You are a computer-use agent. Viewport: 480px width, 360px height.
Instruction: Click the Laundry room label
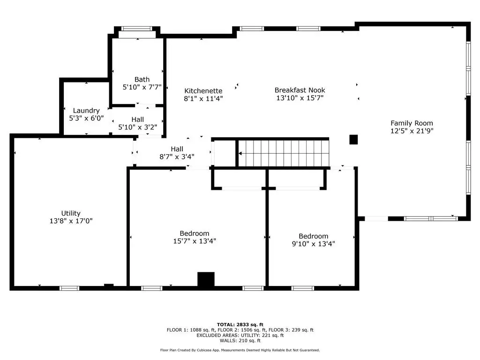point(86,111)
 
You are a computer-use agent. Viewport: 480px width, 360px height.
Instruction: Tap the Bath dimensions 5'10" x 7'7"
point(142,87)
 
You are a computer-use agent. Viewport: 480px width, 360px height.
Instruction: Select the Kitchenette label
point(203,91)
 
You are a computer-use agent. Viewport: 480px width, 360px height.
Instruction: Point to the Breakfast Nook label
point(300,90)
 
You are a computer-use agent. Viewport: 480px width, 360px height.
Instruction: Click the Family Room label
point(412,123)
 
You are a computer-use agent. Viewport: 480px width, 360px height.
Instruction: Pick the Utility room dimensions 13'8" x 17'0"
point(71,221)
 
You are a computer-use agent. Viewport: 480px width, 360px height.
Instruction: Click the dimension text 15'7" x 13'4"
point(195,241)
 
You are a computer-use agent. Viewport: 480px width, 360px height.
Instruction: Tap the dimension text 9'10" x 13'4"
point(314,244)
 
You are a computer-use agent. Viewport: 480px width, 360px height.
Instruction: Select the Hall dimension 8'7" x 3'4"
point(177,157)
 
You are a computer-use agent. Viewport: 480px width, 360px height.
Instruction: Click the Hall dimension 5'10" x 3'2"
point(138,127)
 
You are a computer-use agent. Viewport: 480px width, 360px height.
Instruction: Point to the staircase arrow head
point(240,153)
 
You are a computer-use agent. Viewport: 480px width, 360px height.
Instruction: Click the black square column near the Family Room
point(353,140)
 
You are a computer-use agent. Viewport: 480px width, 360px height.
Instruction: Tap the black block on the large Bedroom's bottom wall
point(206,279)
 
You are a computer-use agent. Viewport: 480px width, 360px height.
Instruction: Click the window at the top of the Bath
point(136,29)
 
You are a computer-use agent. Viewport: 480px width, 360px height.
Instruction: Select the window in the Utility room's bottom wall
point(69,288)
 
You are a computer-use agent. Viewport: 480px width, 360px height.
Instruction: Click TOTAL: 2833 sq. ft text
point(240,325)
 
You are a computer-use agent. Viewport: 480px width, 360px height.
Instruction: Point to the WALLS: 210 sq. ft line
point(240,341)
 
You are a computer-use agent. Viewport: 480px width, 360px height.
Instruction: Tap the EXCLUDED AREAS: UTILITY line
point(240,336)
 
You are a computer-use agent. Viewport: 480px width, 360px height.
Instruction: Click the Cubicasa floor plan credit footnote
point(240,350)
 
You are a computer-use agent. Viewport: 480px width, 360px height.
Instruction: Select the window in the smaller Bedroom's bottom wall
point(302,288)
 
